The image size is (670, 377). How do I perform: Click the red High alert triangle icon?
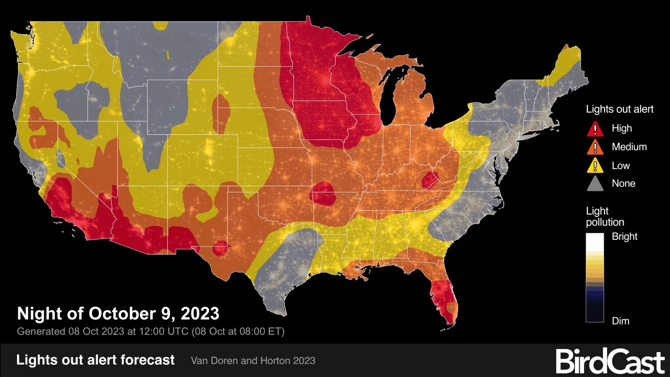[x=595, y=129]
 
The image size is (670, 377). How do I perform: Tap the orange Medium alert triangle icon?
[x=595, y=147]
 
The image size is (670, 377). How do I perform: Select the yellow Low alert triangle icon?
[x=595, y=166]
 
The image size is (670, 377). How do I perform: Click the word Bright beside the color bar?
[x=624, y=237]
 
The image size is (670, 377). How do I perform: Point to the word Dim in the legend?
[x=620, y=321]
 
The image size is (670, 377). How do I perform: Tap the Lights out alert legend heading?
[x=619, y=109]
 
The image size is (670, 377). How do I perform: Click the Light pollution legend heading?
[x=605, y=216]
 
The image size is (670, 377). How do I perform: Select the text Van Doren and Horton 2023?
[x=253, y=361]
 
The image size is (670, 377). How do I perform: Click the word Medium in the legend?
[x=629, y=147]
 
